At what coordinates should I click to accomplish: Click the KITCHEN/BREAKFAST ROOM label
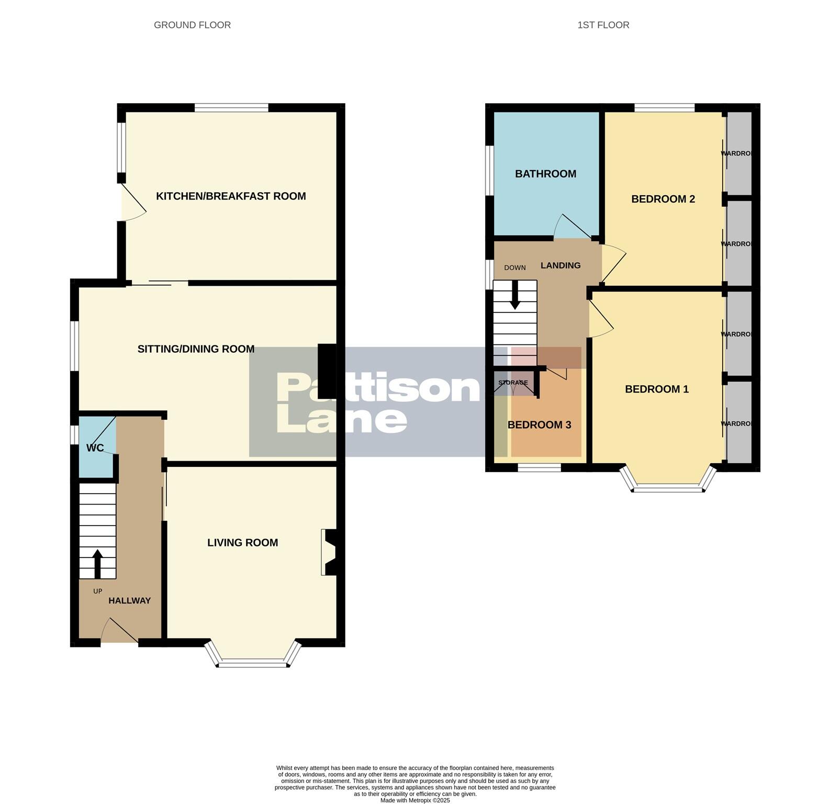point(231,196)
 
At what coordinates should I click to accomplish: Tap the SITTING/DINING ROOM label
point(196,349)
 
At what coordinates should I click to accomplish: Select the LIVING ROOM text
point(242,543)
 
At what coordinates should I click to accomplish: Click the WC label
point(95,448)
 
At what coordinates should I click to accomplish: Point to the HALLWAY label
point(129,601)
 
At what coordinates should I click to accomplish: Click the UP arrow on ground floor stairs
point(97,562)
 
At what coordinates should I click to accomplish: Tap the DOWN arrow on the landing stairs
point(515,296)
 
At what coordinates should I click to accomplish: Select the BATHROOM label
point(545,174)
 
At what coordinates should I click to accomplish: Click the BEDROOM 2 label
point(663,199)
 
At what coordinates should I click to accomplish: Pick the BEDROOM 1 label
point(656,389)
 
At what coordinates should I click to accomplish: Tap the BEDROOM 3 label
point(539,425)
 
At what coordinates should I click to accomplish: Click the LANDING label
point(560,265)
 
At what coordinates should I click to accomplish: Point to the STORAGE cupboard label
point(513,383)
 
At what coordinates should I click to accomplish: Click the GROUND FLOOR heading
point(192,25)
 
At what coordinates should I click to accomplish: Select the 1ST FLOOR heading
point(603,25)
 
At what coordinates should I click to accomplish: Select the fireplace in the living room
point(330,552)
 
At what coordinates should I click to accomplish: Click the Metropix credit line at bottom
point(415,800)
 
